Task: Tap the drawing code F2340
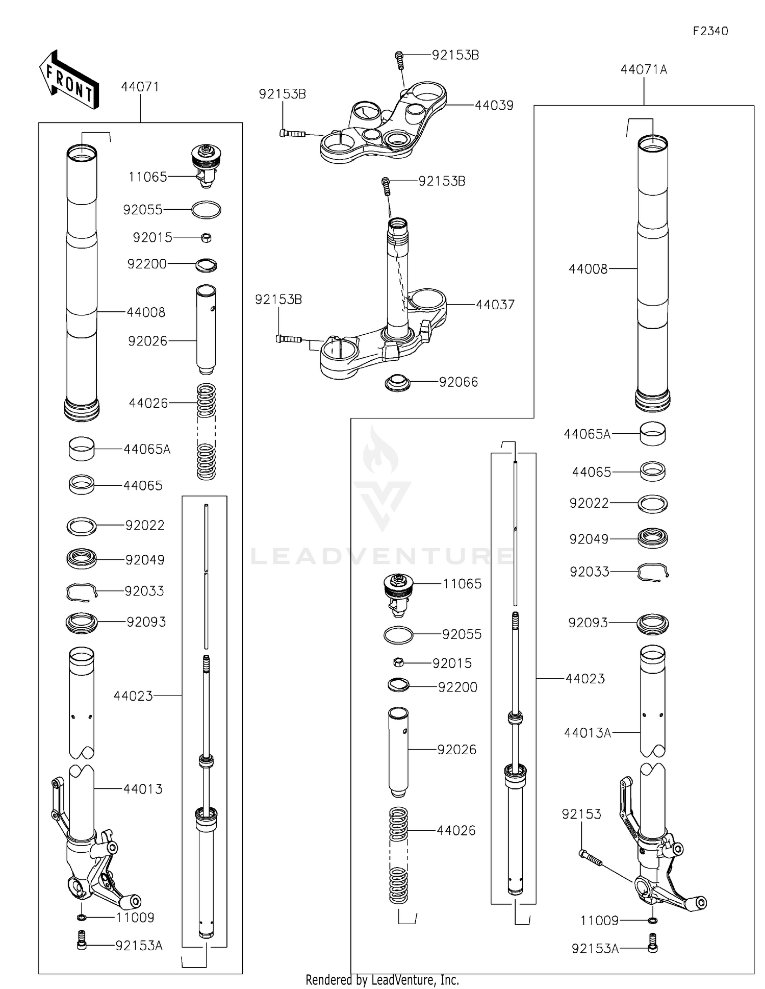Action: [710, 31]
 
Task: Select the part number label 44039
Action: [494, 106]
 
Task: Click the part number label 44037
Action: [495, 305]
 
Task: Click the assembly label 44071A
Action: [644, 69]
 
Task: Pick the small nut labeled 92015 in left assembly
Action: [206, 237]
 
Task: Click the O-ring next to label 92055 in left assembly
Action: [206, 210]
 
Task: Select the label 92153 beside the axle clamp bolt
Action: [581, 814]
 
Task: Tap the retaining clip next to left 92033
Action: [82, 591]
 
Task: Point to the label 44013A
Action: [587, 733]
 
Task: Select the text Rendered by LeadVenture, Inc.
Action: [382, 980]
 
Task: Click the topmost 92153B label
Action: [455, 55]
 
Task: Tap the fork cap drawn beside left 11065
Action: [206, 163]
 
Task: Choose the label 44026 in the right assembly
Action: [455, 830]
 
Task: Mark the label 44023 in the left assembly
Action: [133, 696]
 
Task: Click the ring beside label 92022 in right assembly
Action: [653, 504]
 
